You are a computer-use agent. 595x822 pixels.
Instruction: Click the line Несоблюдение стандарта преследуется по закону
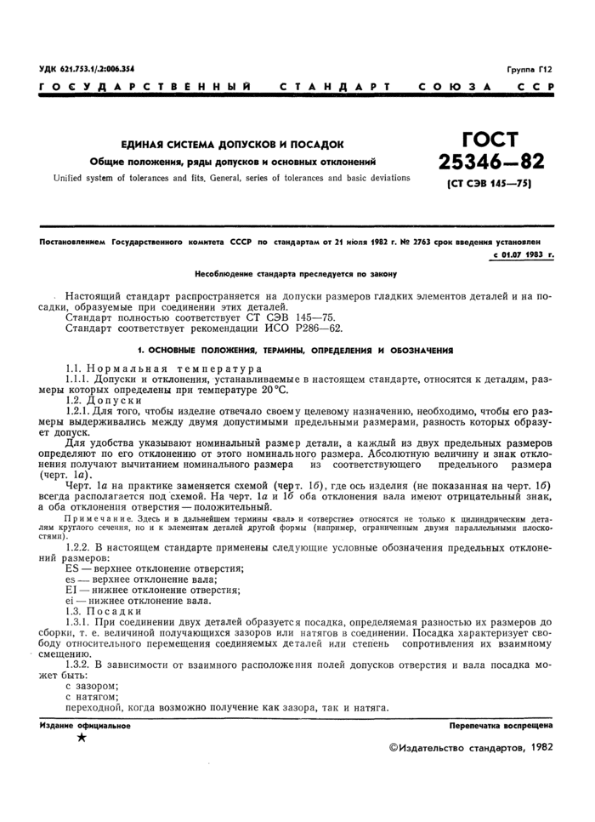[x=295, y=274]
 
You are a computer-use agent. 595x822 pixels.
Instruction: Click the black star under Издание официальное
[x=82, y=739]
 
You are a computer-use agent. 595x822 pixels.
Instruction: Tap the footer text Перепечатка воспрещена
[x=501, y=726]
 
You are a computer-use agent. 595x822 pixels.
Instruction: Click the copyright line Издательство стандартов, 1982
[x=473, y=747]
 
